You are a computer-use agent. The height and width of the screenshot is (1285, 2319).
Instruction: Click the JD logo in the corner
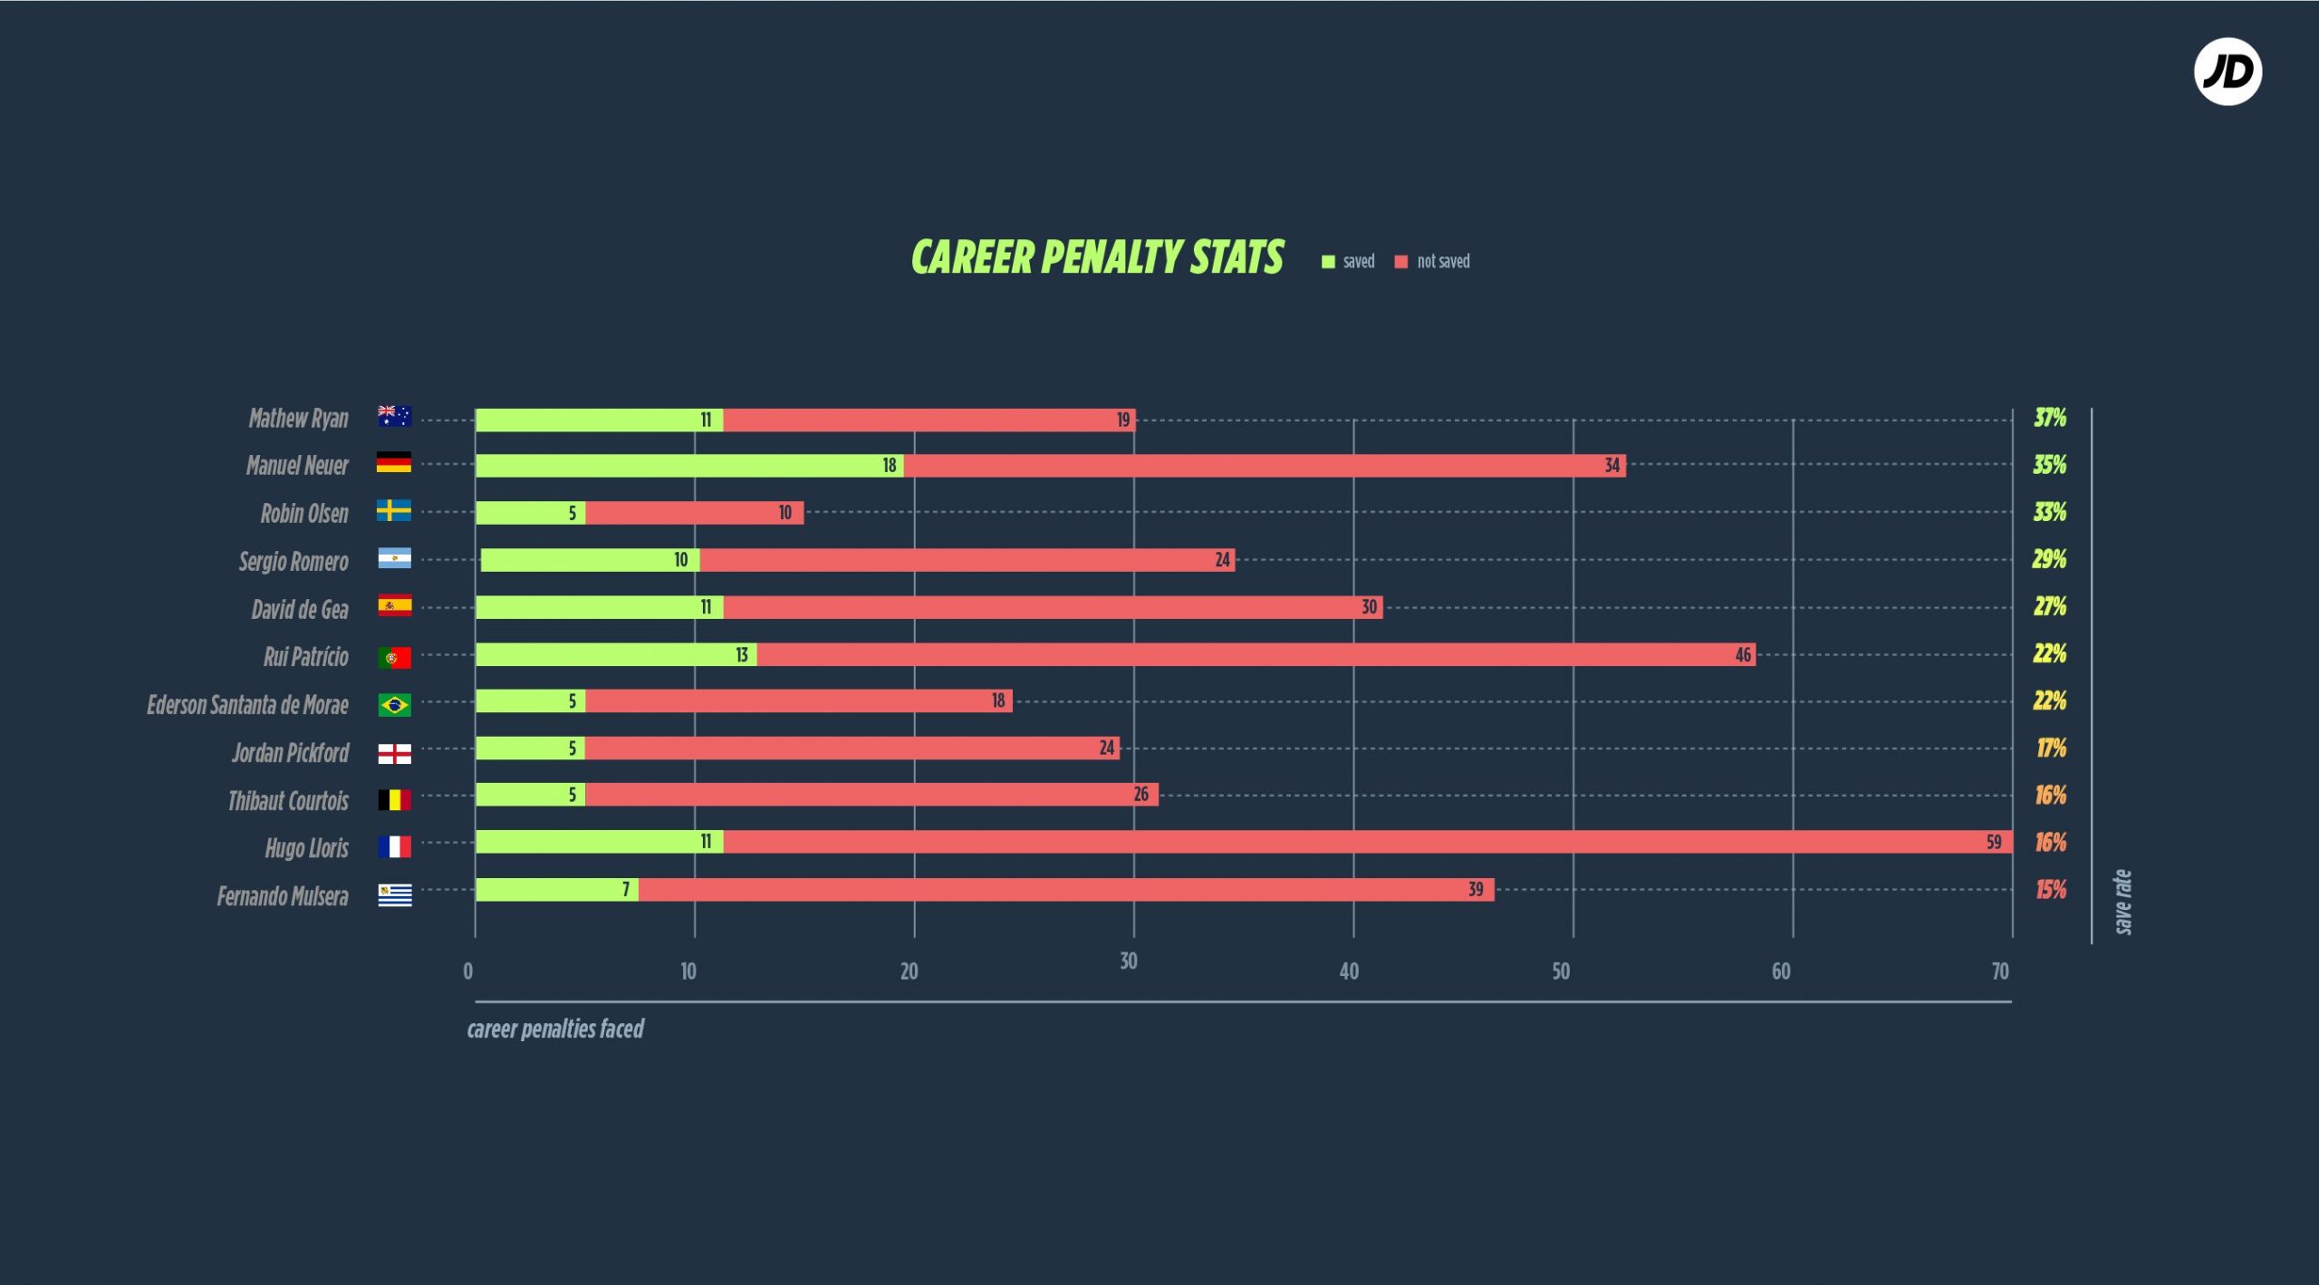(2228, 72)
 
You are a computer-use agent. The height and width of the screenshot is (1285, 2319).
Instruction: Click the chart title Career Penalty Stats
(1097, 257)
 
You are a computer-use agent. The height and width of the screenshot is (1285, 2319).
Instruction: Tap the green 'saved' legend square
(1328, 262)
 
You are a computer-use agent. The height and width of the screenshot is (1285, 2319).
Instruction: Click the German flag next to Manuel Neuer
(394, 463)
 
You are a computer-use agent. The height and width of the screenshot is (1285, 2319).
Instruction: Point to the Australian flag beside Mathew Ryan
(394, 416)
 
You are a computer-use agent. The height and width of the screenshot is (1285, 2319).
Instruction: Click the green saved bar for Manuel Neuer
(688, 466)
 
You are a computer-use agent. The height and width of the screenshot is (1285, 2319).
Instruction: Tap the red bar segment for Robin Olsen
(694, 513)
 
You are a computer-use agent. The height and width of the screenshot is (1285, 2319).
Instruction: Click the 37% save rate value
(2050, 418)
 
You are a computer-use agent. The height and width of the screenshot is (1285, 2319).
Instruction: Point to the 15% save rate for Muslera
(2051, 890)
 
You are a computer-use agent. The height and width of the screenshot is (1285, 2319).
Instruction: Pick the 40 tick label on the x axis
(1349, 971)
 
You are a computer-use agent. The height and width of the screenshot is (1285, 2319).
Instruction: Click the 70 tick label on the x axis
(2000, 971)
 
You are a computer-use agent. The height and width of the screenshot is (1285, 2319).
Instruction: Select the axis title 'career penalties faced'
(555, 1029)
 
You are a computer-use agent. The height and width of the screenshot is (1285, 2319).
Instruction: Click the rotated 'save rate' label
(2122, 902)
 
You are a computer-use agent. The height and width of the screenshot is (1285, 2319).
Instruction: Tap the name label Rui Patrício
(305, 657)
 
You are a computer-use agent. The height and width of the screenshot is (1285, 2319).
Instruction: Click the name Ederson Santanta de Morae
(247, 705)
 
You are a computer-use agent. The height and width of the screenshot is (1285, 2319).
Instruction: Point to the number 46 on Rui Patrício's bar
(1743, 654)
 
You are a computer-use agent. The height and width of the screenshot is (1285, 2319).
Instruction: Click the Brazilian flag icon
(394, 704)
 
